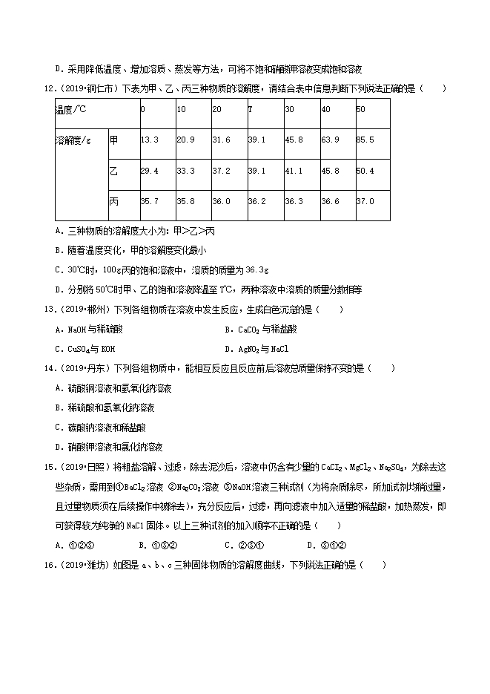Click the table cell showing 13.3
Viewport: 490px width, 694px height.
pyautogui.click(x=150, y=140)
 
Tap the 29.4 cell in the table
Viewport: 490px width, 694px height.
pyautogui.click(x=150, y=171)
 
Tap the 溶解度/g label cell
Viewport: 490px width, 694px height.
pyautogui.click(x=73, y=140)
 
